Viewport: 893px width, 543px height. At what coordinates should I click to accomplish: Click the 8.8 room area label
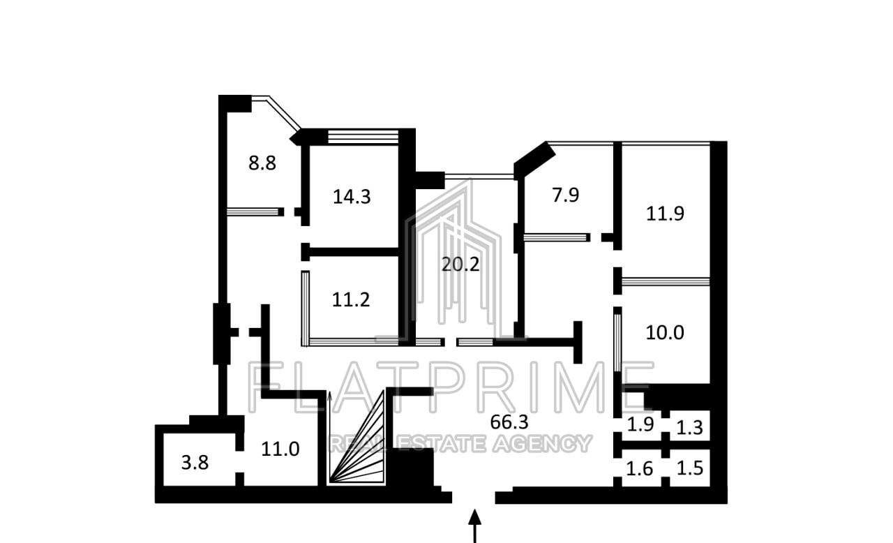tap(262, 163)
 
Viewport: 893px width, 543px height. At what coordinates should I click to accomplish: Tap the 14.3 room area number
tap(352, 197)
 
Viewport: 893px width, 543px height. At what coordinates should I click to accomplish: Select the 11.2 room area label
tap(351, 299)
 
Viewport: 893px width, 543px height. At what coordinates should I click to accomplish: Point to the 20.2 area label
tap(460, 264)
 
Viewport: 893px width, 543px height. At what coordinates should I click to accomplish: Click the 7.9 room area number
tap(565, 195)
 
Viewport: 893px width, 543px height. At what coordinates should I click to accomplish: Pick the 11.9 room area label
tap(665, 214)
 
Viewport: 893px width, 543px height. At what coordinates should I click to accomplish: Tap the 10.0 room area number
tap(665, 332)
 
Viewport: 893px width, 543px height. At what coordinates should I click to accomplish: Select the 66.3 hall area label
tap(509, 422)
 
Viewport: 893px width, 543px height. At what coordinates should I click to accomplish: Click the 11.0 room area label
tap(280, 449)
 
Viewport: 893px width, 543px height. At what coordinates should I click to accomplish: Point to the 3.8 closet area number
tap(195, 463)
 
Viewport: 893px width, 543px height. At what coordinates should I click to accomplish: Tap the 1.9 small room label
tap(640, 424)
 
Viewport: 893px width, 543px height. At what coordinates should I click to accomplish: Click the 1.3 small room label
tap(689, 428)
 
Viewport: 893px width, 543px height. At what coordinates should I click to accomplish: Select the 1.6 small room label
tap(640, 469)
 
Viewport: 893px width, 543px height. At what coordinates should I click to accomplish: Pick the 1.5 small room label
tap(690, 468)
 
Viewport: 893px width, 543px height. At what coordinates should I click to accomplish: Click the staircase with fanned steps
tap(356, 438)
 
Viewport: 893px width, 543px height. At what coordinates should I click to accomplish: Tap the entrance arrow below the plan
tap(474, 526)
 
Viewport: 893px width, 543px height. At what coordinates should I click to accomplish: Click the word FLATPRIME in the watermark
tap(451, 387)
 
